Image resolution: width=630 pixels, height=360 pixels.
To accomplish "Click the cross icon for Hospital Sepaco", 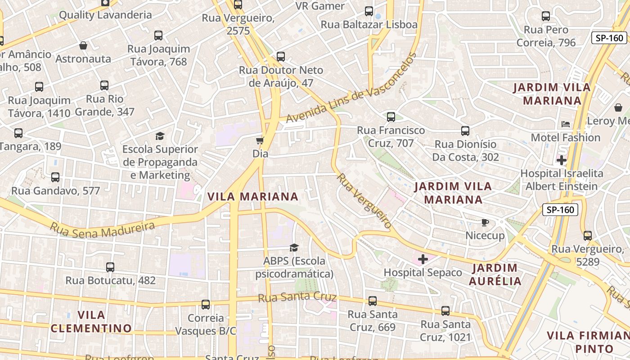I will pyautogui.click(x=423, y=259).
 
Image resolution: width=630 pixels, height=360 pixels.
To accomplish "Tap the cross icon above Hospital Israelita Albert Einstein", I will pyautogui.click(x=561, y=160).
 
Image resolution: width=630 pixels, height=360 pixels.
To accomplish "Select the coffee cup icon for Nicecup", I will pyautogui.click(x=485, y=222).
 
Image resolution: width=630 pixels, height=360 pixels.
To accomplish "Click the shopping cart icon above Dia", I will pyautogui.click(x=260, y=140).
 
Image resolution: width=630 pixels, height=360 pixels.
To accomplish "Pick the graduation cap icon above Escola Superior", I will pyautogui.click(x=160, y=136).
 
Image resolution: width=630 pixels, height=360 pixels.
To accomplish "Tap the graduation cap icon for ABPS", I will pyautogui.click(x=294, y=247).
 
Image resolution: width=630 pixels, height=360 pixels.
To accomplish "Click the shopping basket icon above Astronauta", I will pyautogui.click(x=83, y=45).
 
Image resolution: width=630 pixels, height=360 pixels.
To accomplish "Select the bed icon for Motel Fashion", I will pyautogui.click(x=566, y=124).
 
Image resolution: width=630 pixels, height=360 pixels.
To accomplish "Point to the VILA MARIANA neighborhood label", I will pyautogui.click(x=252, y=197).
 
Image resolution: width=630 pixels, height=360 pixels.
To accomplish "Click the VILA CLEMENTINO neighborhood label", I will pyautogui.click(x=91, y=321).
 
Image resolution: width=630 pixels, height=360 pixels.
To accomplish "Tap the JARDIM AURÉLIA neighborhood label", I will pyautogui.click(x=495, y=275).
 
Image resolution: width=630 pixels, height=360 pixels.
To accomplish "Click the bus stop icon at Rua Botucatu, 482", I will pyautogui.click(x=110, y=267).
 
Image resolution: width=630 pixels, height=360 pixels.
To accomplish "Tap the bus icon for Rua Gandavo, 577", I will pyautogui.click(x=55, y=177).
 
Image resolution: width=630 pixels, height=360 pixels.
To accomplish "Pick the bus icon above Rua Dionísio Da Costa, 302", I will pyautogui.click(x=465, y=131).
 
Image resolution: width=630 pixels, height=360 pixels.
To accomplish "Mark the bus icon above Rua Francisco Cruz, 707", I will pyautogui.click(x=391, y=117).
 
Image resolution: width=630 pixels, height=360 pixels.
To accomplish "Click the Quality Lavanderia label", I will pyautogui.click(x=105, y=15).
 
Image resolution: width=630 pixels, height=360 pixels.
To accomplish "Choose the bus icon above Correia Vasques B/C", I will pyautogui.click(x=206, y=305).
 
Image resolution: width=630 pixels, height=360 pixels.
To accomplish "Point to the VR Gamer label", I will pyautogui.click(x=320, y=6).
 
